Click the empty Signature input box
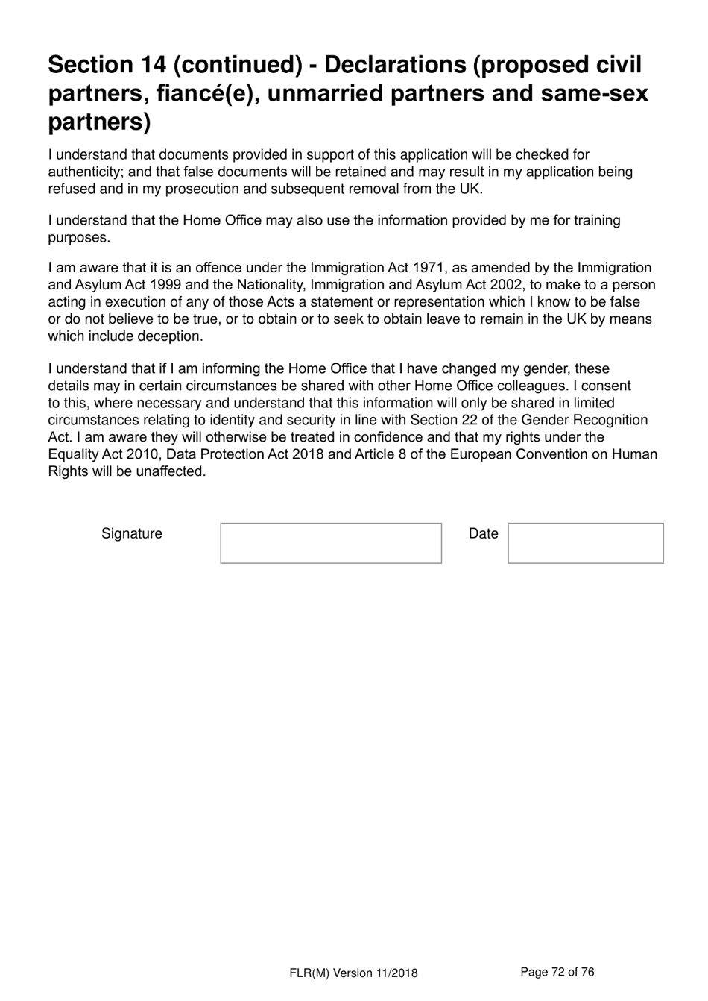(x=331, y=543)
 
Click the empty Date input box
(x=585, y=543)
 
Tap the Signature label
(x=132, y=533)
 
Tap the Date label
(x=483, y=533)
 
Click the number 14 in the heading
(x=154, y=66)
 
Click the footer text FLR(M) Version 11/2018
(x=353, y=973)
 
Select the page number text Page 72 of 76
(x=557, y=971)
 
